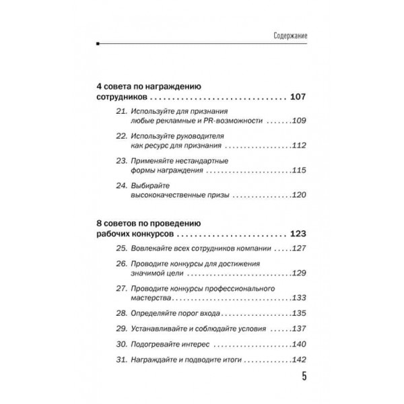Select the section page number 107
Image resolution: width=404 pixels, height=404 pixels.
coord(297,98)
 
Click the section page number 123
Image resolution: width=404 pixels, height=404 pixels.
coord(297,235)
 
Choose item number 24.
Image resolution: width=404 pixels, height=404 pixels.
coord(121,184)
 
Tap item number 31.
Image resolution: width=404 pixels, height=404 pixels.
coord(121,360)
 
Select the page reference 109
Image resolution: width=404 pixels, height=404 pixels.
coord(298,123)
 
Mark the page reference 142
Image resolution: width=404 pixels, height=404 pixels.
coord(298,360)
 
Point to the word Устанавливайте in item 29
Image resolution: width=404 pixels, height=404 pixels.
coord(164,329)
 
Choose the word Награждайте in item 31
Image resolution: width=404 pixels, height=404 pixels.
coord(159,360)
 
